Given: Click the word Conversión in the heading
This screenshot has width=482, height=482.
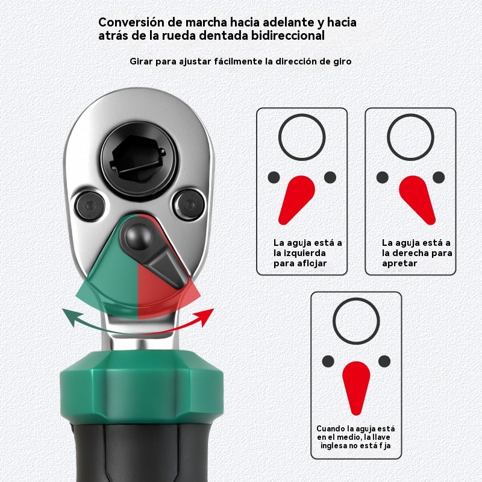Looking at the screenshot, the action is (x=131, y=22).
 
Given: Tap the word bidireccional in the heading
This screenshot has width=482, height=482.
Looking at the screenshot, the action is (x=288, y=36).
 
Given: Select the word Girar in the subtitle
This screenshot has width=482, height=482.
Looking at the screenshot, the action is (x=141, y=61).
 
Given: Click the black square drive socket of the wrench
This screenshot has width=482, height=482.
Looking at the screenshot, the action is (x=139, y=160).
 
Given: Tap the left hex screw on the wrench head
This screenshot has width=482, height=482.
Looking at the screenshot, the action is (x=90, y=205).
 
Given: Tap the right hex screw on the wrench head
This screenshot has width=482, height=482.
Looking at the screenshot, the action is (x=189, y=204).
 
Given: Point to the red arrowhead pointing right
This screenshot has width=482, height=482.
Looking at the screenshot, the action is (x=205, y=316).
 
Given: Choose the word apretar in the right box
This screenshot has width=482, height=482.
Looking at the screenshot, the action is (x=399, y=263).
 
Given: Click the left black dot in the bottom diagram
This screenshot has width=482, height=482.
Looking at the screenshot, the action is (x=328, y=361).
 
